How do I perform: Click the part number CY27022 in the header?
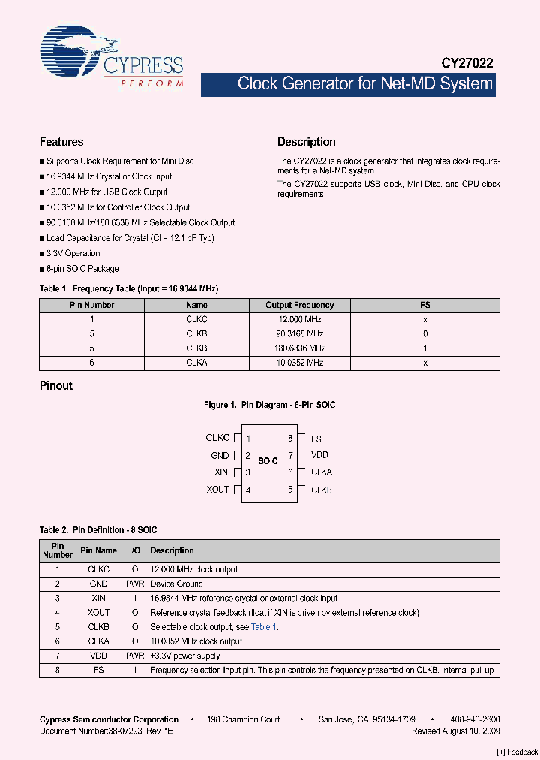pyautogui.click(x=467, y=65)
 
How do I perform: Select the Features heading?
pyautogui.click(x=61, y=142)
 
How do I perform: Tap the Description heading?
pyautogui.click(x=307, y=142)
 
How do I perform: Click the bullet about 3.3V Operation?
pyautogui.click(x=73, y=253)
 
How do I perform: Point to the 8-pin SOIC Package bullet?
pyautogui.click(x=82, y=268)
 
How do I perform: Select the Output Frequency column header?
pyautogui.click(x=300, y=306)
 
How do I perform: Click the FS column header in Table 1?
pyautogui.click(x=424, y=306)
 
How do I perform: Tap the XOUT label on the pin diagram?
pyautogui.click(x=217, y=490)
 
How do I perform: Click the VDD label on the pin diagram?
pyautogui.click(x=320, y=455)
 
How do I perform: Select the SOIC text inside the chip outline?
pyautogui.click(x=268, y=461)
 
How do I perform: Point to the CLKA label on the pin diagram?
pyautogui.click(x=322, y=472)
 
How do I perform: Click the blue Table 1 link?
pyautogui.click(x=264, y=627)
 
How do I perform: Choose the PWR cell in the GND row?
pyautogui.click(x=135, y=584)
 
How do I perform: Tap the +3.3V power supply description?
pyautogui.click(x=185, y=656)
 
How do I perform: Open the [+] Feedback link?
pyautogui.click(x=517, y=752)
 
